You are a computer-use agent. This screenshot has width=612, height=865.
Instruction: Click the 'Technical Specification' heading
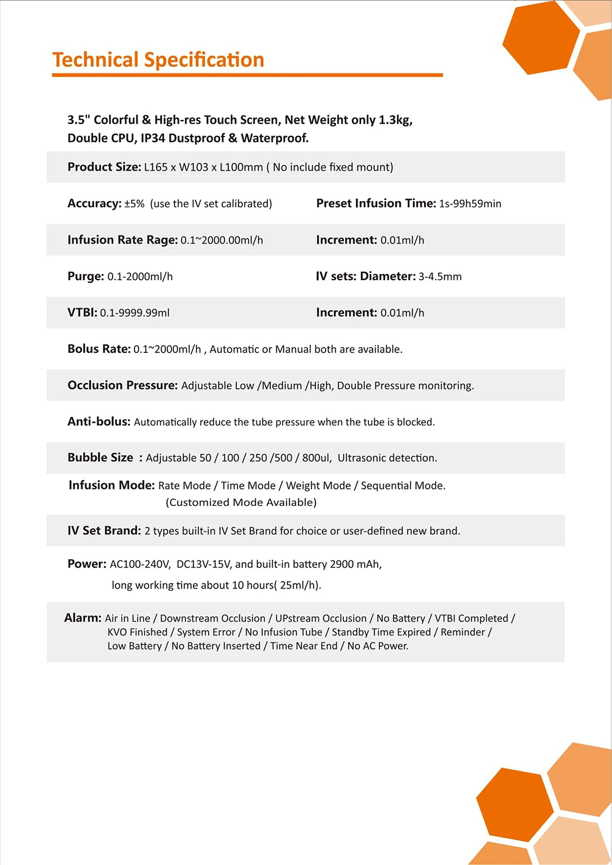pyautogui.click(x=158, y=60)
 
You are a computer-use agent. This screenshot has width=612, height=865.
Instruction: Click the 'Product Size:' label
pyautogui.click(x=104, y=167)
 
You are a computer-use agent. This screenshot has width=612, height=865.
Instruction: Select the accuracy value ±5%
pyautogui.click(x=135, y=204)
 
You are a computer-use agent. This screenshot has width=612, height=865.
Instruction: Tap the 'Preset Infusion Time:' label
pyautogui.click(x=376, y=203)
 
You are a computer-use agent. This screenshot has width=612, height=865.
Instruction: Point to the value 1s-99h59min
pyautogui.click(x=470, y=204)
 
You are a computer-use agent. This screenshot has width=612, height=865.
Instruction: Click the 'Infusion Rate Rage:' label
pyautogui.click(x=122, y=240)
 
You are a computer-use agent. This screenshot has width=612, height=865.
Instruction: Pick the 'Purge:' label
pyautogui.click(x=86, y=276)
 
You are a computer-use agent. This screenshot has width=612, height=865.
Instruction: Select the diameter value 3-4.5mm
pyautogui.click(x=440, y=277)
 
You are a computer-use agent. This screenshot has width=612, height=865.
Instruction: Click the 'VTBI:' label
pyautogui.click(x=82, y=313)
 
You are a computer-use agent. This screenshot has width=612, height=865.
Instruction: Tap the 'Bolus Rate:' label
pyautogui.click(x=99, y=349)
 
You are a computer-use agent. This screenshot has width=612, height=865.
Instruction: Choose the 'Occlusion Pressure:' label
pyautogui.click(x=122, y=385)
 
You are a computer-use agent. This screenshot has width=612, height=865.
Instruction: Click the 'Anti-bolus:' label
pyautogui.click(x=99, y=421)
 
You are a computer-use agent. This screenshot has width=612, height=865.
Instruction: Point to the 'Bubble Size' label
pyautogui.click(x=100, y=458)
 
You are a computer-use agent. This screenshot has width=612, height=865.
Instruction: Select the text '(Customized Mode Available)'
pyautogui.click(x=241, y=502)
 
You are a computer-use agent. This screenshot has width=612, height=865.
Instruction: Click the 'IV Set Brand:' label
pyautogui.click(x=104, y=530)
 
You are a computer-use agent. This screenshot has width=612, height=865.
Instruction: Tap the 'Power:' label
pyautogui.click(x=87, y=564)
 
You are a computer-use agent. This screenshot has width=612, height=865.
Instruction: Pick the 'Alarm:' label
pyautogui.click(x=83, y=618)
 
